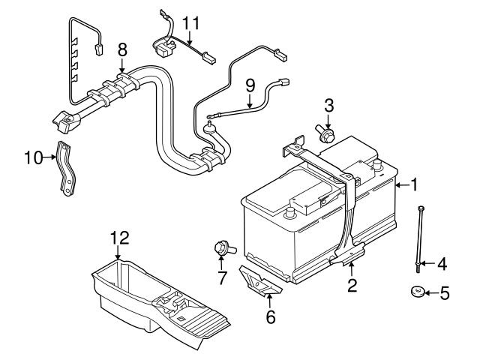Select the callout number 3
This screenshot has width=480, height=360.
tap(328, 104)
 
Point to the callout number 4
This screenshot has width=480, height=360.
tap(442, 263)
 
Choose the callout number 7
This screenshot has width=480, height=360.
tap(221, 280)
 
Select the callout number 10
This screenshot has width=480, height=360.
tap(32, 157)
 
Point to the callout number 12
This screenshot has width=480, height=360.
tap(119, 239)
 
